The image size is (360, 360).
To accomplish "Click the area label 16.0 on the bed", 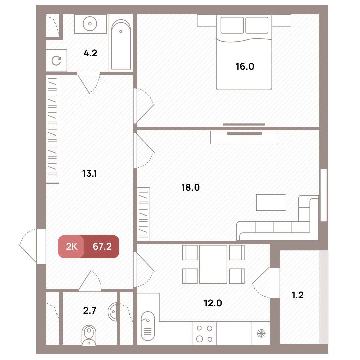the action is tap(245, 66).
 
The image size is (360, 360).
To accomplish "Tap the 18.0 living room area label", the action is tap(191, 188).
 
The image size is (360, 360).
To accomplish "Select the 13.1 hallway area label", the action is tap(90, 173).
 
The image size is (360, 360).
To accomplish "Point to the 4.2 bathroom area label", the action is tap(90, 53).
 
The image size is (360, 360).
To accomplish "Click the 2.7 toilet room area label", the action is tap(90, 310).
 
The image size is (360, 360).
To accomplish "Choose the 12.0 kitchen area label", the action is tap(213, 303).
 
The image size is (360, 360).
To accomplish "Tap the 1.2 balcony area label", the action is tap(298, 295).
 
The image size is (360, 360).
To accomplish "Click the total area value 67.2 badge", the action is tap(102, 246).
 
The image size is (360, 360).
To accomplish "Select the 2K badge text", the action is tap(72, 246).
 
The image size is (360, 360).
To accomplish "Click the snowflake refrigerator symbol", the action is tap(261, 333).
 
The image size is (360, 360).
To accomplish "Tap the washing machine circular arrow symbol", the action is tap(56, 60).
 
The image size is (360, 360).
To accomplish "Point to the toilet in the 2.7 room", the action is tap(89, 335).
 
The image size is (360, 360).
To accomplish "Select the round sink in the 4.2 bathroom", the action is tap(90, 24).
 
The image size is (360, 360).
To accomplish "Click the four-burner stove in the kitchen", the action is tap(204, 333).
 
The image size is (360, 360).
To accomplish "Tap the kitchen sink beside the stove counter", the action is tap(148, 326).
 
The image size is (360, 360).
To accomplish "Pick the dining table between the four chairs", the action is tap(213, 264).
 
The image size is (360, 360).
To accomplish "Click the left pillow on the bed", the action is tap(232, 25).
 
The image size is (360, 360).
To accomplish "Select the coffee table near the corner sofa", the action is tap(271, 202).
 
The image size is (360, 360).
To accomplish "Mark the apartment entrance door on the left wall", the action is tap(41, 246).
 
